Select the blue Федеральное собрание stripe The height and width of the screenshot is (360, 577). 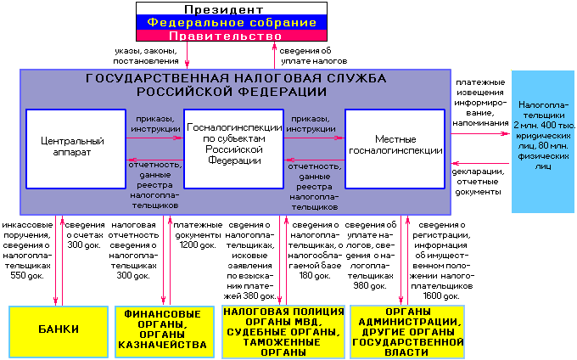(232, 23)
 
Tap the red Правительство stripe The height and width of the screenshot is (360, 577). (232, 37)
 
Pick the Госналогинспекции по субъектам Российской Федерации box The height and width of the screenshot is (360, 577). (232, 148)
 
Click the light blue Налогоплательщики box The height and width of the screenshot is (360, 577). (543, 141)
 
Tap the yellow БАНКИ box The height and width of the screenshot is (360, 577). (58, 330)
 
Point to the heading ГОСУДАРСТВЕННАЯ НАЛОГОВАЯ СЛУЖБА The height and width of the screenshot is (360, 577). (236, 84)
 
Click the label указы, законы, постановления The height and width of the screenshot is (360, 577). (147, 56)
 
